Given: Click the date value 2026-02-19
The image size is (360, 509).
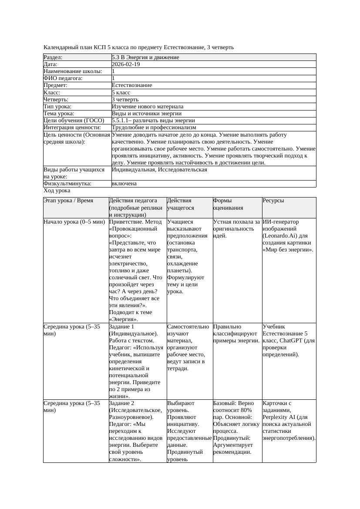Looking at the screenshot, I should click(x=126, y=64).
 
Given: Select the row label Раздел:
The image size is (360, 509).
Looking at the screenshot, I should click(x=53, y=57).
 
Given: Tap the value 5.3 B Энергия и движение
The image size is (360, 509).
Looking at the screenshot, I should click(x=145, y=57).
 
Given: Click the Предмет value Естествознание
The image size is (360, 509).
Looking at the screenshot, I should click(x=132, y=85).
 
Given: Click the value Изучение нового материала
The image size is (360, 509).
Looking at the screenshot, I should click(x=148, y=106).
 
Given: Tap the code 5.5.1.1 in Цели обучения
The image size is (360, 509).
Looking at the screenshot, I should click(x=122, y=120).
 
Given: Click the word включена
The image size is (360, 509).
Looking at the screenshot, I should click(x=124, y=184).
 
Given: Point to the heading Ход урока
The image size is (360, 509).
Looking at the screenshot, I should click(x=57, y=191).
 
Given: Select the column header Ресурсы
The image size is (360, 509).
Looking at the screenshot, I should click(x=273, y=201).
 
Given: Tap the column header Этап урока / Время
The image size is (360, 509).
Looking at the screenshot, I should click(x=68, y=201).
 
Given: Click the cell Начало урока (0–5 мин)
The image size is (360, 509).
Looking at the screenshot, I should click(x=74, y=222).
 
